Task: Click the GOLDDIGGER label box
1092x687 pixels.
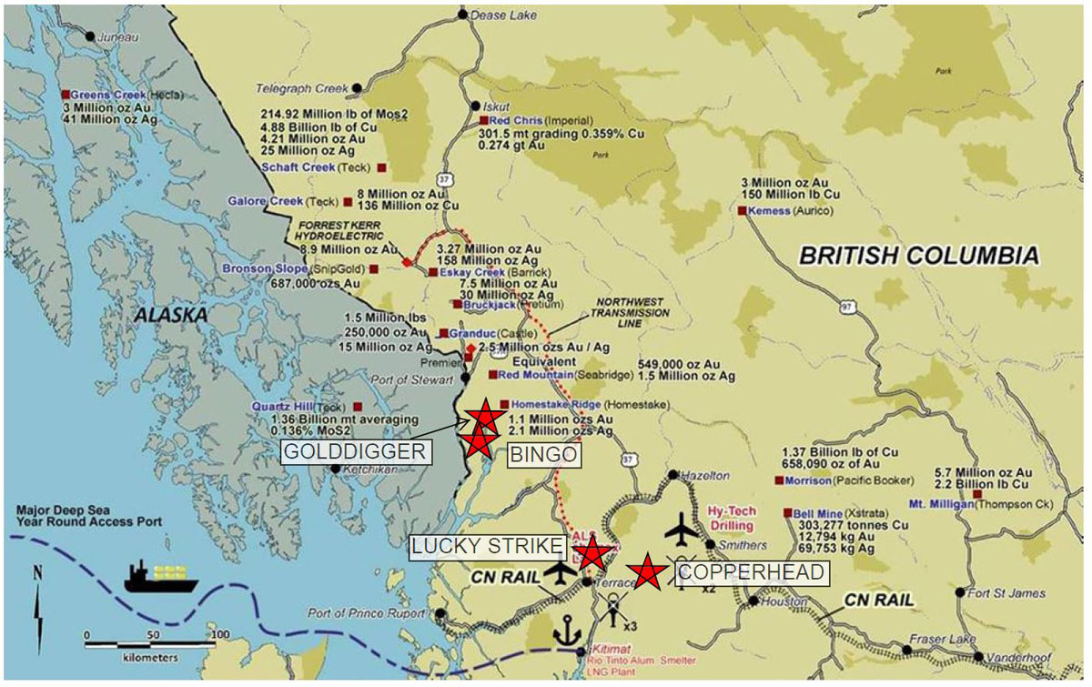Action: (x=353, y=452)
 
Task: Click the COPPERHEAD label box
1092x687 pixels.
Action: (x=752, y=572)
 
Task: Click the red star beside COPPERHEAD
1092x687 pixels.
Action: (x=647, y=571)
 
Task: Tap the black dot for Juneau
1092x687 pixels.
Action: (x=89, y=36)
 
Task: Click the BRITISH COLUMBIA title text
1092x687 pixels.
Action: (x=918, y=256)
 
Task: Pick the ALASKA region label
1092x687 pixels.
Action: (x=170, y=314)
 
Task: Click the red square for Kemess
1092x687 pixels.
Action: (x=742, y=210)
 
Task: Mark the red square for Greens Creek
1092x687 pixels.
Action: (x=66, y=94)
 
